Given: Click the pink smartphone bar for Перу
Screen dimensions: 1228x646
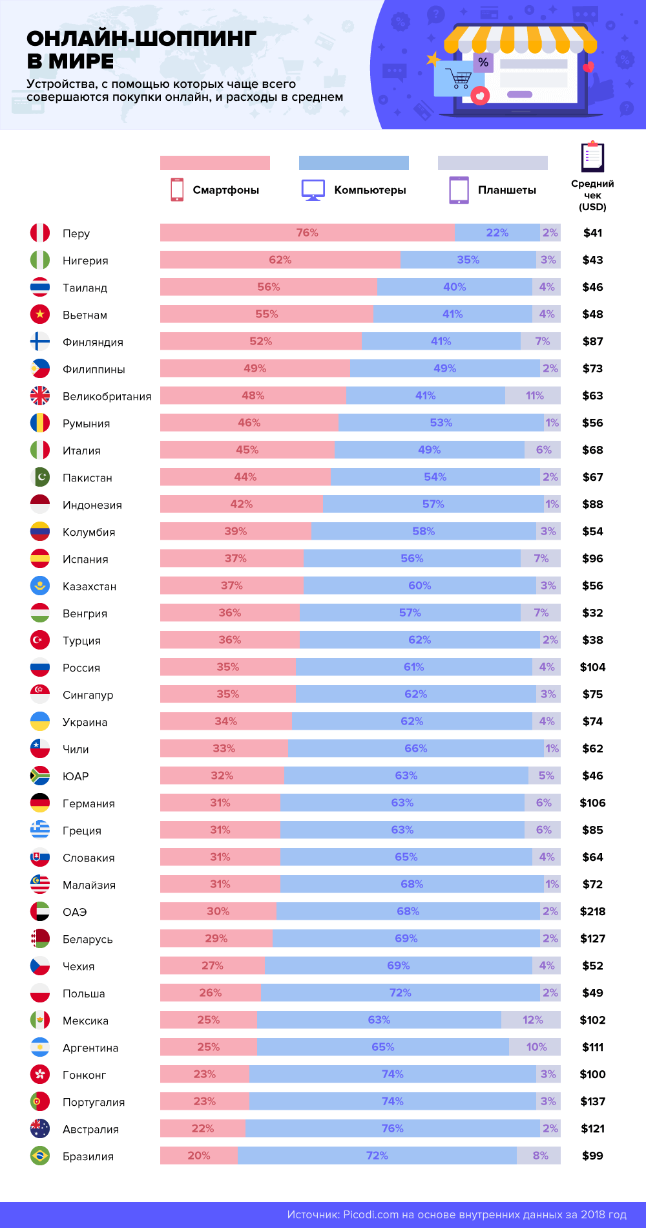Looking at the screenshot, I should coord(307,233).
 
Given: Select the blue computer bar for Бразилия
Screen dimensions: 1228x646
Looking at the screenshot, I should coord(377,1156).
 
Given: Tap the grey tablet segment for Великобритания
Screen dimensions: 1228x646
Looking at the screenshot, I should coord(533,396).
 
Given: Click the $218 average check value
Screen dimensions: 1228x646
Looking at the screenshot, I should coord(592,911).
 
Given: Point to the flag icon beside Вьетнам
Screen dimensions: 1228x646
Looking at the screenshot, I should coord(40,314).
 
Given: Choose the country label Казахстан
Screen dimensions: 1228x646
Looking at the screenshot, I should coord(89,586).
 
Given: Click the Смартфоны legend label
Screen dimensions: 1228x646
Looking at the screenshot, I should coord(225,190).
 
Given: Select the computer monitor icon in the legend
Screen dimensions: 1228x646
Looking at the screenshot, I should coord(313,190).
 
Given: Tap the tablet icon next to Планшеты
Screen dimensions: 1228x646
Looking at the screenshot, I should coord(459,190).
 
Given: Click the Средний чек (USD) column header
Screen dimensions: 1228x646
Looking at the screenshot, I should coord(592,195).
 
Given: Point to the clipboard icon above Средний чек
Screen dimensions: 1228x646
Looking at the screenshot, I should coord(592,156).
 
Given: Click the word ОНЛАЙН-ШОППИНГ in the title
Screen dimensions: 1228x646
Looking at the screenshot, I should coord(141,39).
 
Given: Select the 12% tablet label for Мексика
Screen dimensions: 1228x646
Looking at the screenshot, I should coord(532,1020).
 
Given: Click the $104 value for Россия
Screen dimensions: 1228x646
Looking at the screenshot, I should coord(592,667).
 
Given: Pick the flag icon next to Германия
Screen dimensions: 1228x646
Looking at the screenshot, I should coord(40,803).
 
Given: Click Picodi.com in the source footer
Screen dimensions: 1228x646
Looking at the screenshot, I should coord(371,1214).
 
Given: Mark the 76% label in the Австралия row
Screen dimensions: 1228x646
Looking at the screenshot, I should coord(392,1128).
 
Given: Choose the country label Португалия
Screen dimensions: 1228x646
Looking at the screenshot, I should coord(94,1102).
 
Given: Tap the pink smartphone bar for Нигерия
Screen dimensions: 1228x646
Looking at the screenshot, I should coord(280,260).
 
